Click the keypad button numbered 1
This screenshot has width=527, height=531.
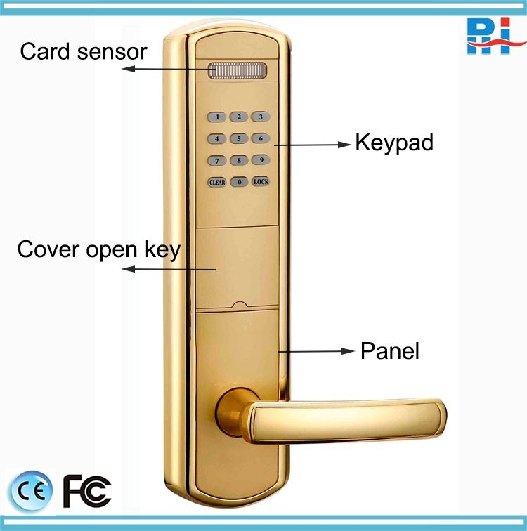pyautogui.click(x=218, y=117)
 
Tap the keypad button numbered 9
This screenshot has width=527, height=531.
pyautogui.click(x=261, y=160)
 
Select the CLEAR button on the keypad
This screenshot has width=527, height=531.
pyautogui.click(x=218, y=182)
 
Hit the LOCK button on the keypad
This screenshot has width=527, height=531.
pyautogui.click(x=261, y=182)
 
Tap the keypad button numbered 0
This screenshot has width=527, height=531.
pyautogui.click(x=240, y=182)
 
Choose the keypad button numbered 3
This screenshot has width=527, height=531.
pyautogui.click(x=261, y=117)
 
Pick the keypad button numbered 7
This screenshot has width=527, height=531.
pyautogui.click(x=218, y=160)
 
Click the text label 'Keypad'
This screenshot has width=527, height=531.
pyautogui.click(x=393, y=143)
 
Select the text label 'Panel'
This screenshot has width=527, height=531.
pyautogui.click(x=389, y=350)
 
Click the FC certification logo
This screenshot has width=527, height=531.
pyautogui.click(x=86, y=490)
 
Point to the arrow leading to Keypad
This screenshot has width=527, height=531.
pyautogui.click(x=313, y=145)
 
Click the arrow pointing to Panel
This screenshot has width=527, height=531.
pyautogui.click(x=316, y=351)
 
